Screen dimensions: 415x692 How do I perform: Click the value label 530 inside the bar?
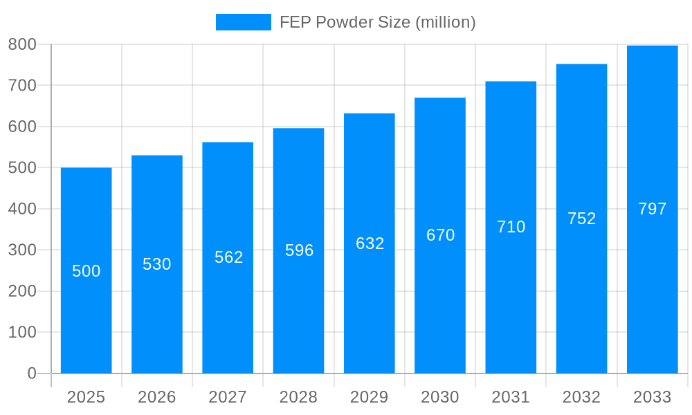point(157,264)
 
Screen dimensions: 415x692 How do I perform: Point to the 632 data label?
point(370,243)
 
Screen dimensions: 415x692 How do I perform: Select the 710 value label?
point(511,227)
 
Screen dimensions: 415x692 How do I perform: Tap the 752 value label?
point(581,219)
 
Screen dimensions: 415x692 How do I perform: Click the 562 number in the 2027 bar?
point(228,257)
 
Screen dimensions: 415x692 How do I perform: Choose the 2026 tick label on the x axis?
point(157,397)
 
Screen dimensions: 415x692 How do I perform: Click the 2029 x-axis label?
point(370,397)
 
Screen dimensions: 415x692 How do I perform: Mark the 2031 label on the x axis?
point(511,397)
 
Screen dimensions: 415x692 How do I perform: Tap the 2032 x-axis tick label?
point(581,397)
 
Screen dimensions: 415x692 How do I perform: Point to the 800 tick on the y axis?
point(22,44)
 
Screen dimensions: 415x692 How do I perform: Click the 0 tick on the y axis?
point(32,373)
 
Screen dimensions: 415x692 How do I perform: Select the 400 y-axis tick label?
point(22,209)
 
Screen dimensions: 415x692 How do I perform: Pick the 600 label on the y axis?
point(22,127)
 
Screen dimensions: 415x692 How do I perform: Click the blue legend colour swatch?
point(243,22)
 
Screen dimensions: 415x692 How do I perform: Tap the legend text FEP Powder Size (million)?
point(377,22)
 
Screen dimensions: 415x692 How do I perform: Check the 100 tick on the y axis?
point(22,332)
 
